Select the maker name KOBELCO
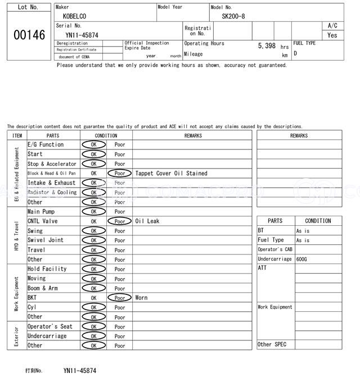tap(75, 17)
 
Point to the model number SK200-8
tap(233, 17)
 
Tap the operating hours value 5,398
tap(267, 46)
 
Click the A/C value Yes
tap(332, 35)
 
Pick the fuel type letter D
tap(295, 53)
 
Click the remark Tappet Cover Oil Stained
tap(171, 174)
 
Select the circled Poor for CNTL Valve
tap(119, 221)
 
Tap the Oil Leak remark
tap(147, 221)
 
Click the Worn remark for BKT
tap(141, 298)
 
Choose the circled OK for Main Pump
tap(93, 212)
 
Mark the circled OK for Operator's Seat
tap(93, 326)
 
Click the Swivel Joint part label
tap(46, 240)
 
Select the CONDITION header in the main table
tap(106, 135)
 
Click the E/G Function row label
tap(46, 145)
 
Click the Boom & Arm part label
tap(43, 288)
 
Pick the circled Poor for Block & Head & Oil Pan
tap(119, 174)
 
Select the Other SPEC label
tap(272, 344)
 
